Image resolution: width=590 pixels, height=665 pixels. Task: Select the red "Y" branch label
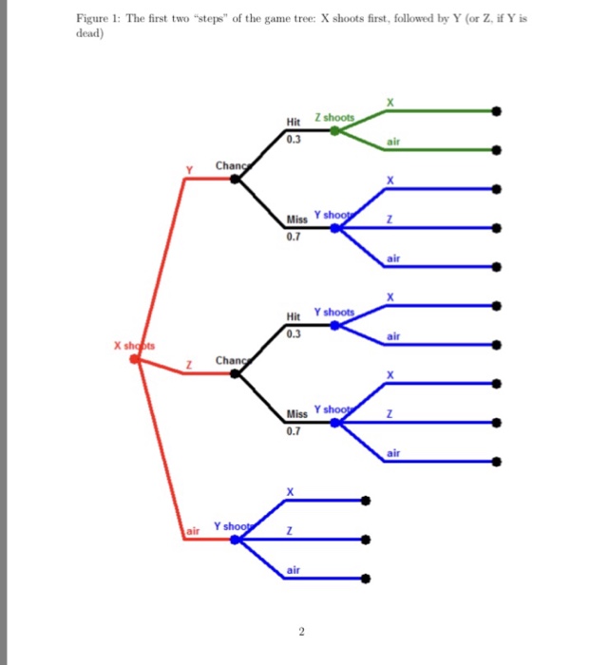(x=188, y=171)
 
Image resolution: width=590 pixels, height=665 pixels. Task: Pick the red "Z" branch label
(x=189, y=366)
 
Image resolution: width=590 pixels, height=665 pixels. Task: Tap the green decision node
(x=333, y=130)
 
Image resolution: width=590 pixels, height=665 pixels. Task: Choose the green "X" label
(x=389, y=102)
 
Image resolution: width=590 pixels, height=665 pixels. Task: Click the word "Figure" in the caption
(x=90, y=19)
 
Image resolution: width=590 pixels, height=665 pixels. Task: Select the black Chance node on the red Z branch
(x=236, y=373)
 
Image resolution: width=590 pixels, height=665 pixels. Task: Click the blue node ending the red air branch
(x=235, y=539)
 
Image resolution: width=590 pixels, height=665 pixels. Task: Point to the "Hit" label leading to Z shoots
(x=293, y=122)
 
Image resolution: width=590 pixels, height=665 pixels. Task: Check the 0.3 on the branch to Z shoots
(x=294, y=139)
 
